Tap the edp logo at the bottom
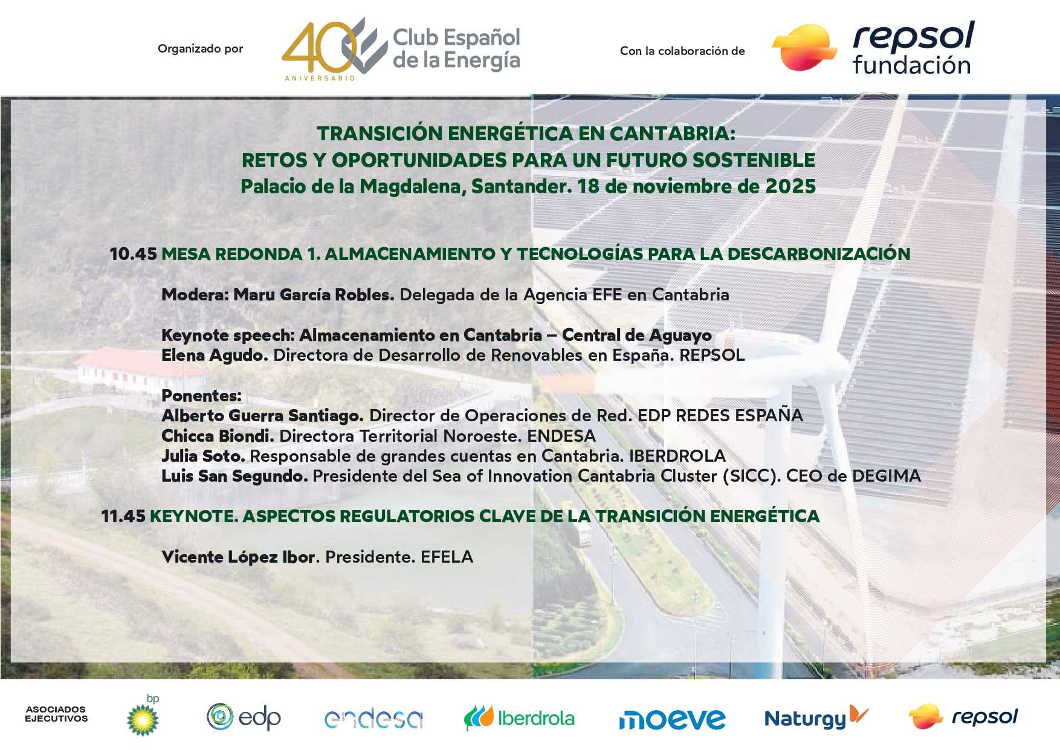coord(244,717)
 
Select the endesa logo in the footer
coord(373,718)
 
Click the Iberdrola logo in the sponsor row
coord(519,718)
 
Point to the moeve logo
coord(671,719)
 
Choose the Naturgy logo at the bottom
coord(815,717)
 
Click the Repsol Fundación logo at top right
coord(874,48)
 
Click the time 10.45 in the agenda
coord(133,254)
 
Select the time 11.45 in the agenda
coord(123,516)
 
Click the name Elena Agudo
coord(214,355)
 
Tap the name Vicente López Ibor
coord(239,557)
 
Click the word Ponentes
coord(201,396)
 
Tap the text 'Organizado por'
coord(200,49)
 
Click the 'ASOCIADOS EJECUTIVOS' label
coord(56,714)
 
